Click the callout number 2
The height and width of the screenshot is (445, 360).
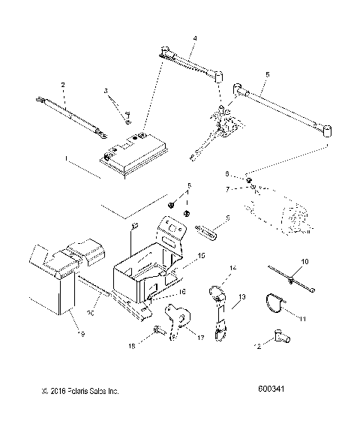(x=63, y=84)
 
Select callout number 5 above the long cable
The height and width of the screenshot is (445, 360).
(x=267, y=75)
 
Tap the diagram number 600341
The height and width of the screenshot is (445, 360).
(x=273, y=390)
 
